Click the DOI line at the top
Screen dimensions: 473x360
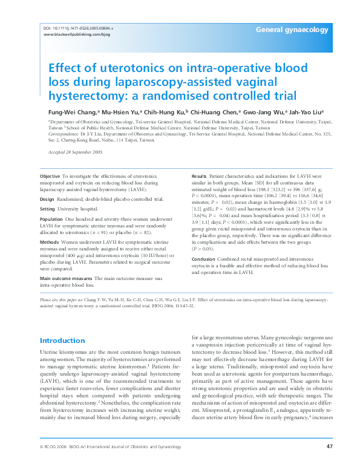click(79, 28)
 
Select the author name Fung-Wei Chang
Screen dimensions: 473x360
click(67, 113)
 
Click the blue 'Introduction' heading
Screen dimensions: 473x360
click(62, 341)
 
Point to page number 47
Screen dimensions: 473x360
click(329, 463)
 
